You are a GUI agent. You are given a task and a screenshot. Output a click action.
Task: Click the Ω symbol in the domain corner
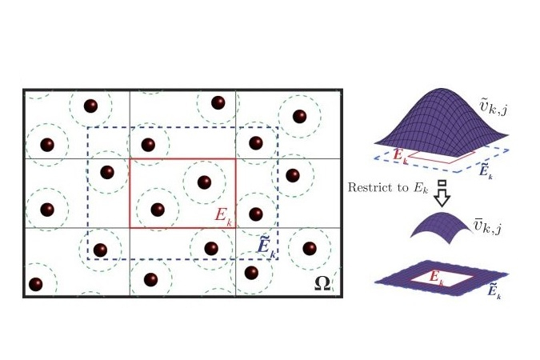tap(322, 283)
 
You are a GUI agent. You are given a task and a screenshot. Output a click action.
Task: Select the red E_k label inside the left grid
tap(223, 216)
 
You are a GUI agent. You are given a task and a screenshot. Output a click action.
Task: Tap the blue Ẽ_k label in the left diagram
tap(266, 248)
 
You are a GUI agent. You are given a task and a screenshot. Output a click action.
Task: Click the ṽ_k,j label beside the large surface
tap(493, 107)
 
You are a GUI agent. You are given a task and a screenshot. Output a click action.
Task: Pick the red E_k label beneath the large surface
tap(401, 156)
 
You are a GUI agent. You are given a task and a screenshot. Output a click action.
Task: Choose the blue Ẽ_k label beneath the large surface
tap(486, 171)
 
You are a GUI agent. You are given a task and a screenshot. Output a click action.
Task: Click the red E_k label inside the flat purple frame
tap(437, 278)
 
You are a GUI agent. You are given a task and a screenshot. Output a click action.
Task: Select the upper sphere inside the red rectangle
tap(204, 182)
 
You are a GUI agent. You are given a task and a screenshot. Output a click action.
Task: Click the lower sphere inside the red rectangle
tap(158, 210)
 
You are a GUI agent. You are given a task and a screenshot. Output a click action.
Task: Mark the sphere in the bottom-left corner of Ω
tap(35, 284)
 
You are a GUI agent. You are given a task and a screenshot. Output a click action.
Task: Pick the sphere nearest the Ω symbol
tap(310, 248)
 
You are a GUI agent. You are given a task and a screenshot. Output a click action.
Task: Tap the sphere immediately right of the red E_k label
tap(255, 214)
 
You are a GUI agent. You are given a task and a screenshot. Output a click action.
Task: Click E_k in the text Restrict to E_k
tap(420, 188)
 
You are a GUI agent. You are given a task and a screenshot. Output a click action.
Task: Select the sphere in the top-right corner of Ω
tap(299, 116)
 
